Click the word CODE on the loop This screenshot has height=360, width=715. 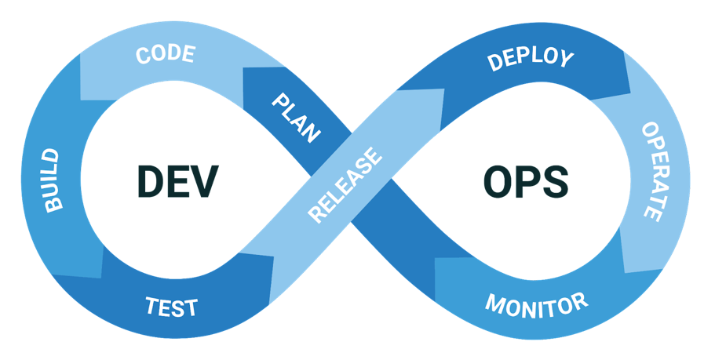click(x=165, y=56)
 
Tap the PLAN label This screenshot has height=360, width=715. click(x=297, y=118)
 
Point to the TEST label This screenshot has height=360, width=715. click(x=171, y=306)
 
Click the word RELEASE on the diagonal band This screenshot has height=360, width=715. click(x=345, y=185)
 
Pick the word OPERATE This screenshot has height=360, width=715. click(x=653, y=170)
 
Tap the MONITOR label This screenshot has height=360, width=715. click(x=536, y=303)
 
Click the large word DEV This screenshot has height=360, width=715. click(x=177, y=182)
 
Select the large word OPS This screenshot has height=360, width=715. click(x=525, y=183)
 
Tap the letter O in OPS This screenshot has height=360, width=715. click(x=497, y=183)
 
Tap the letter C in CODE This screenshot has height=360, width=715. click(x=144, y=57)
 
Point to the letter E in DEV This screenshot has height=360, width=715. click(x=178, y=182)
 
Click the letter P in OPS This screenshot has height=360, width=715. click(x=526, y=183)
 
